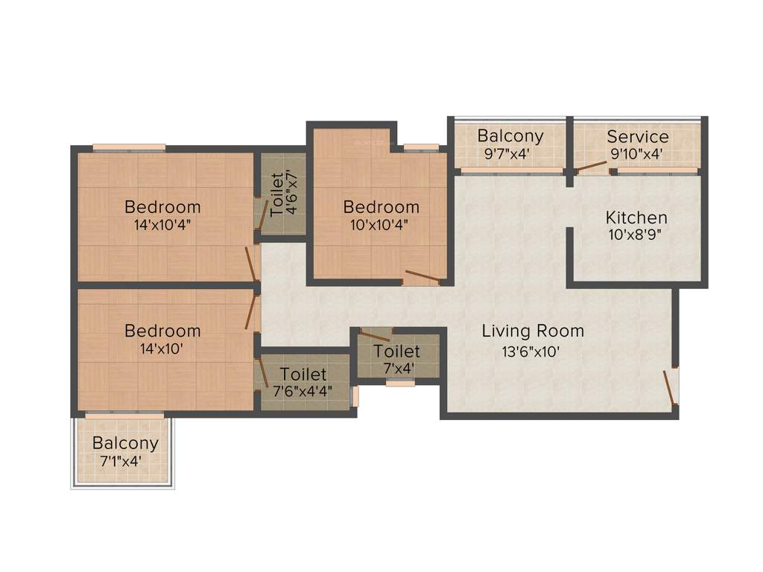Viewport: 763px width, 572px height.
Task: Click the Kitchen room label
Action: [636, 218]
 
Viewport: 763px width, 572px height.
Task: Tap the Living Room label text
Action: [533, 331]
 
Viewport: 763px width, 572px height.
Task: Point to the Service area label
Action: [638, 137]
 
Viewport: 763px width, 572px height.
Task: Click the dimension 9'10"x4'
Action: [637, 155]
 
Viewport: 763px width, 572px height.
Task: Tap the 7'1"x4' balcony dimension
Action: [121, 461]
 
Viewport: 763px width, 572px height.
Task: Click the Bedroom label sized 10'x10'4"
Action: [381, 207]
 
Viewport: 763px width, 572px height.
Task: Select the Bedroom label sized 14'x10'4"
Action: [162, 207]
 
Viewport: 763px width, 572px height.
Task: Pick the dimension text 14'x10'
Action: [162, 348]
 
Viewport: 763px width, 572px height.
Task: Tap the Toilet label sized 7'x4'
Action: [396, 351]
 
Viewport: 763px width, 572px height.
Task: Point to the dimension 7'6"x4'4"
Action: [303, 390]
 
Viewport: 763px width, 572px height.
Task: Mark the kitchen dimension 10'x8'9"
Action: [636, 235]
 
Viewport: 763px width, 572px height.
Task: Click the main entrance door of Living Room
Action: [671, 386]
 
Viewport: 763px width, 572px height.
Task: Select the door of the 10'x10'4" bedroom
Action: [422, 278]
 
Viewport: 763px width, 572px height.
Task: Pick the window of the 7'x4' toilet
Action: [400, 384]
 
